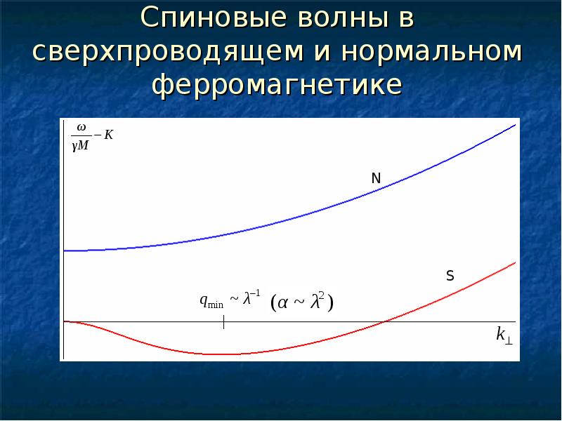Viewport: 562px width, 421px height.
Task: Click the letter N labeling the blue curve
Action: tap(376, 179)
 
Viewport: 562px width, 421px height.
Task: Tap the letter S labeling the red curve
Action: tap(450, 276)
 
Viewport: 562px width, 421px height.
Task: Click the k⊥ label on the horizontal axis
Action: tap(504, 335)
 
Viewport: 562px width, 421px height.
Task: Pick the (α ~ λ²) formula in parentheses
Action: tap(301, 302)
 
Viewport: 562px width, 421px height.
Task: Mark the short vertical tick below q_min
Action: tap(223, 323)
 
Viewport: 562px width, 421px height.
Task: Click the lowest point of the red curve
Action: tap(223, 354)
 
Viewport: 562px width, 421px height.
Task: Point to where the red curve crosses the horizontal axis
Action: tap(384, 322)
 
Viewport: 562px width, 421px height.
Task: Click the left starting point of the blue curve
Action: tap(65, 250)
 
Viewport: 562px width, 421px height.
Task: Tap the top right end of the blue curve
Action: tap(516, 125)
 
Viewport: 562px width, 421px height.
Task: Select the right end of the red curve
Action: tap(516, 262)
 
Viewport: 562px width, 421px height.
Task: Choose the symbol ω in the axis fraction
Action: tap(81, 128)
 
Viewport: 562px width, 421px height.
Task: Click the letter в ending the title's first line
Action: tap(406, 19)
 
